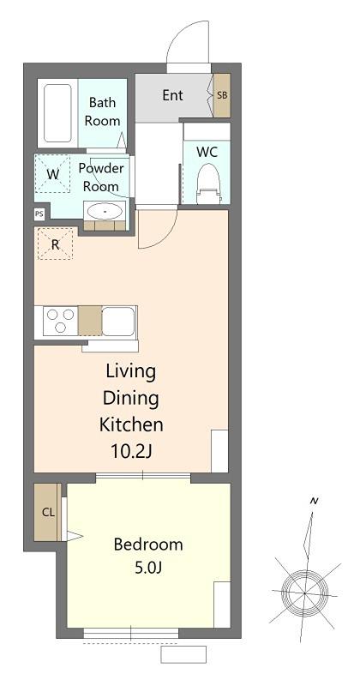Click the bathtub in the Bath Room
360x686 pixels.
pyautogui.click(x=57, y=113)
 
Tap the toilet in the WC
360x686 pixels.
pyautogui.click(x=207, y=184)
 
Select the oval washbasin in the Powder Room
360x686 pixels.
pyautogui.click(x=105, y=212)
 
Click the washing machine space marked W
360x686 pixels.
pyautogui.click(x=52, y=174)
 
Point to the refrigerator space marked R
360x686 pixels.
pyautogui.click(x=55, y=244)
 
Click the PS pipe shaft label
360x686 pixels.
pyautogui.click(x=39, y=214)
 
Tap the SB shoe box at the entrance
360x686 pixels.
pyautogui.click(x=222, y=95)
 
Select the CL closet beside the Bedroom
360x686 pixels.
pyautogui.click(x=48, y=512)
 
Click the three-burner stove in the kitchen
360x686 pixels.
pyautogui.click(x=60, y=321)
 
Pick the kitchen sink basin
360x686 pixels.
pyautogui.click(x=118, y=321)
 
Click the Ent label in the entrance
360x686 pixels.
pyautogui.click(x=172, y=95)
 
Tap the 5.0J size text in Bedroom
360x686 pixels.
pyautogui.click(x=148, y=568)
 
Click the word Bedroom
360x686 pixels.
pyautogui.click(x=148, y=545)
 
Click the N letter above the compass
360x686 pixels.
pyautogui.click(x=314, y=502)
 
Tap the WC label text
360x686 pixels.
pyautogui.click(x=207, y=152)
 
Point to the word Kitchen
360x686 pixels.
pyautogui.click(x=131, y=424)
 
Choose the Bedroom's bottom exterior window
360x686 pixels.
pyautogui.click(x=131, y=633)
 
